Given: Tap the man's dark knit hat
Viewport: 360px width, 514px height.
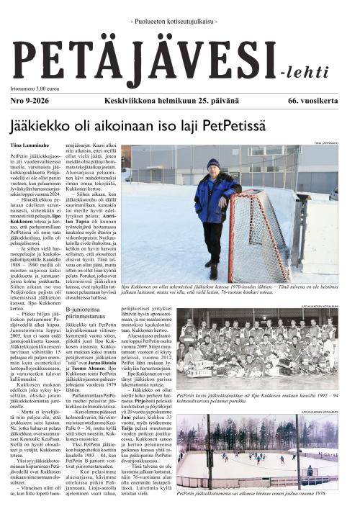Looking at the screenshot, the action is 213,163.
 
